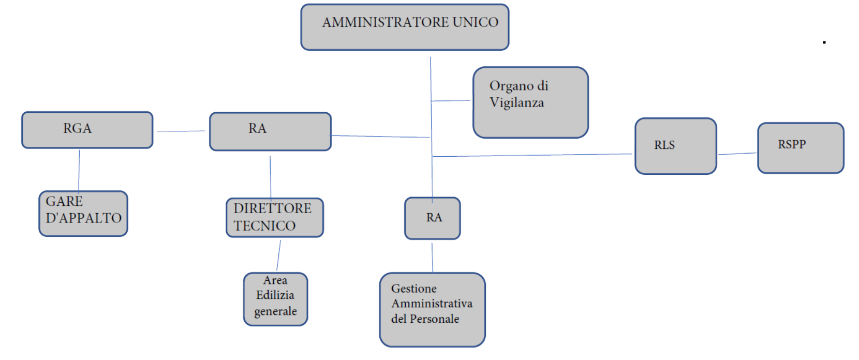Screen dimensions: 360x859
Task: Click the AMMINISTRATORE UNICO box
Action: (405, 27)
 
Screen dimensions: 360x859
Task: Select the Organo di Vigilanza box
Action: (530, 102)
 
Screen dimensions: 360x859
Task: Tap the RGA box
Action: (87, 130)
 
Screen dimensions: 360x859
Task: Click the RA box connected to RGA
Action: (270, 131)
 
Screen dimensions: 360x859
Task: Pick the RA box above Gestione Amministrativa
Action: (432, 218)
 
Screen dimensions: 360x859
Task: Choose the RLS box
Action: (675, 146)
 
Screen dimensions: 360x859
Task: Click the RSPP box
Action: (800, 147)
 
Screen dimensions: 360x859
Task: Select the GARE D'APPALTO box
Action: (83, 214)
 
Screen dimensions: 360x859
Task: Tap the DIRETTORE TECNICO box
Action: (274, 217)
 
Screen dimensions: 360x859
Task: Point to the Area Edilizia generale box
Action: (275, 299)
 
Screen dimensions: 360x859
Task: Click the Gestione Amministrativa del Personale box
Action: (432, 309)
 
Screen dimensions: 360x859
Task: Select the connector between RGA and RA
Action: (181, 131)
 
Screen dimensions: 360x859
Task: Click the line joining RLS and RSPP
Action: (737, 154)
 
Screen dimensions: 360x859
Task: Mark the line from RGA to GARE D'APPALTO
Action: (79, 170)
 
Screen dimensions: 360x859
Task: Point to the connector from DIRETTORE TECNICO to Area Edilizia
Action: (278, 255)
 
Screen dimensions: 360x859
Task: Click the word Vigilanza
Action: (516, 103)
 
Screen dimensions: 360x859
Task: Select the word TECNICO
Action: (264, 226)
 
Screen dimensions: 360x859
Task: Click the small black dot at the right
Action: (824, 42)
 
